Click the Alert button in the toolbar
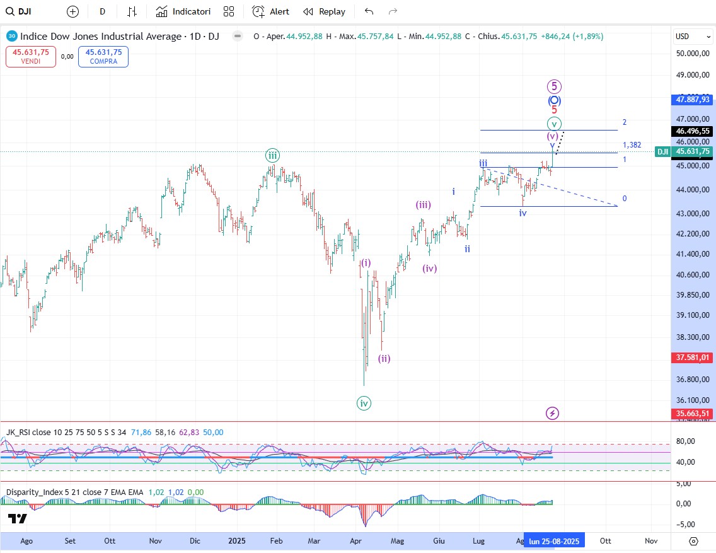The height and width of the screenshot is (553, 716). (271, 11)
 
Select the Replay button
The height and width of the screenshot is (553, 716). (324, 11)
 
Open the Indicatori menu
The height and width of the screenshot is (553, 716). (183, 11)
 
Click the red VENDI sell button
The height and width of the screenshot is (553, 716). (31, 57)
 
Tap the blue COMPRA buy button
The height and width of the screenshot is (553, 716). (103, 57)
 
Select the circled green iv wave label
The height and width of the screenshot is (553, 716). (364, 403)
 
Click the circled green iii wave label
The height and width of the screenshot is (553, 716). (272, 155)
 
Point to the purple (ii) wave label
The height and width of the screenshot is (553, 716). (384, 359)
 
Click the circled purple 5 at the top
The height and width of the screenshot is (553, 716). (553, 86)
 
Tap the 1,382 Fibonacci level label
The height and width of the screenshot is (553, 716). (632, 145)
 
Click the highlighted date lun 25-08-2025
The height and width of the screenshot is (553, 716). (554, 541)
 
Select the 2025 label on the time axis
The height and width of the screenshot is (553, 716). (237, 541)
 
